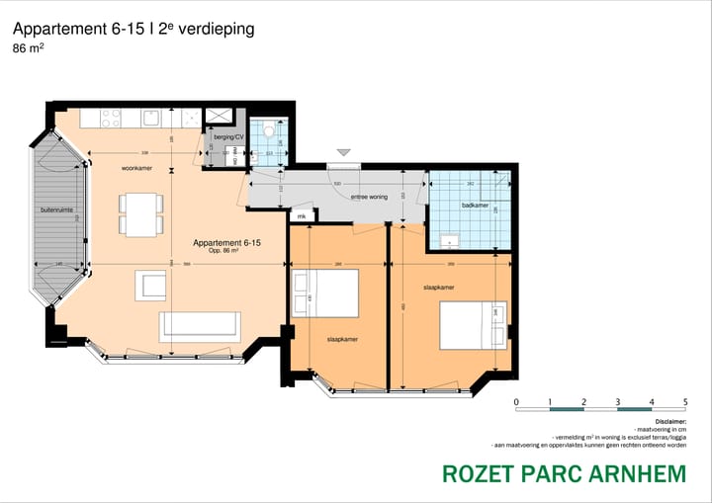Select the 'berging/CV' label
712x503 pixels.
click(227, 137)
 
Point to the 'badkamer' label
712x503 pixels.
click(475, 206)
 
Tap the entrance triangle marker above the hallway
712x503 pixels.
click(343, 153)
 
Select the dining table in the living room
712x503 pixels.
click(141, 213)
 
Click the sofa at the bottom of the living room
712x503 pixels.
click(199, 325)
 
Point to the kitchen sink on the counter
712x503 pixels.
click(151, 119)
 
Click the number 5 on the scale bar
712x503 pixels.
click(684, 402)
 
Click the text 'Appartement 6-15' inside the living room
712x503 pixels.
click(226, 243)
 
